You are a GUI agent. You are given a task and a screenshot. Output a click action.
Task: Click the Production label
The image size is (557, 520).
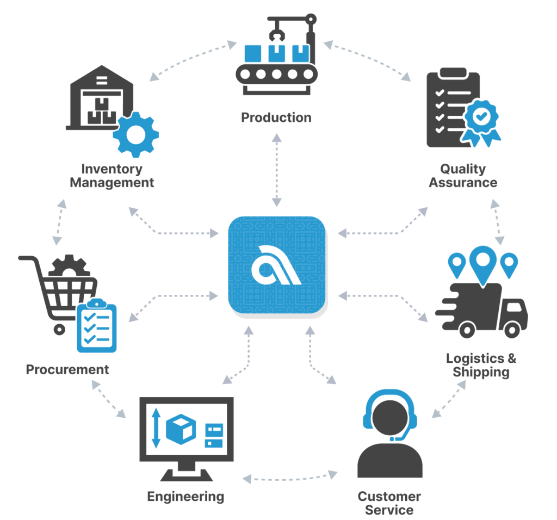(276, 117)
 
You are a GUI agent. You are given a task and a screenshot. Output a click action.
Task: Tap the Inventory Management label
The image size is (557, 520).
(112, 176)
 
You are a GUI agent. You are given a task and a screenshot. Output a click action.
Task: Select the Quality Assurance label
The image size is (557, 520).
(463, 176)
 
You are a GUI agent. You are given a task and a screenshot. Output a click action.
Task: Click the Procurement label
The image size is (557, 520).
(67, 369)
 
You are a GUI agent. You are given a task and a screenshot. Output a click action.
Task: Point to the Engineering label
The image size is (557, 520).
(185, 497)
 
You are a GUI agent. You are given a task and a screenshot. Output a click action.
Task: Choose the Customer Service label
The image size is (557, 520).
(389, 503)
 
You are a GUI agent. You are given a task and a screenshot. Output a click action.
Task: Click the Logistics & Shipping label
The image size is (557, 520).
(481, 365)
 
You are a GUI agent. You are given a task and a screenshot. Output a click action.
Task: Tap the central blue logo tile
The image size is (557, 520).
(277, 265)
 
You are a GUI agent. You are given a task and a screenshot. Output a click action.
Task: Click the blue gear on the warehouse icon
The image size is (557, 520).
(135, 134)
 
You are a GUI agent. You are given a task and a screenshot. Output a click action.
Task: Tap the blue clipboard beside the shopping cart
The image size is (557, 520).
(97, 326)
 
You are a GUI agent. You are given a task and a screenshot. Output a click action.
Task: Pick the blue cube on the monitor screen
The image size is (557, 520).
(181, 429)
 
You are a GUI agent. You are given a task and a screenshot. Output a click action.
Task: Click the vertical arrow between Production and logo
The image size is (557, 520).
(277, 170)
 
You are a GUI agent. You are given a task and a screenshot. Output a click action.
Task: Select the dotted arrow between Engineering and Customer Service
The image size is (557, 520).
(290, 478)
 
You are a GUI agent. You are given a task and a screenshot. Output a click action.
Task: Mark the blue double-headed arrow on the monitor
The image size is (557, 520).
(156, 428)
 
